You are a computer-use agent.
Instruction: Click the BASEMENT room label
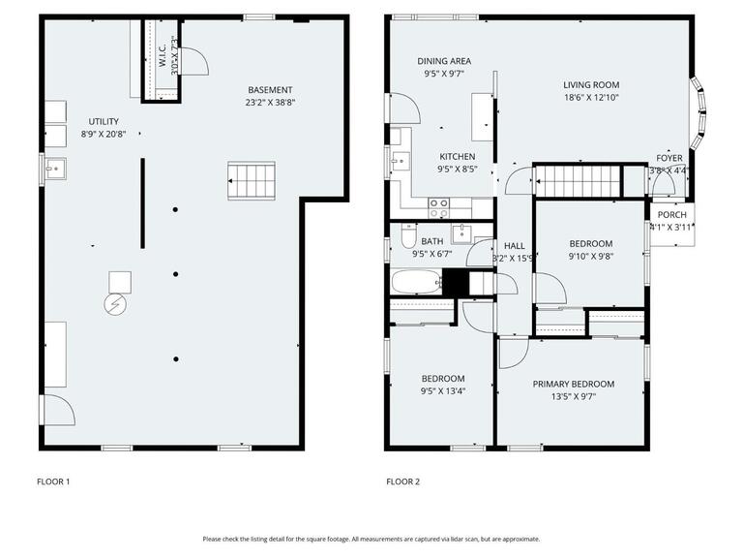[271, 89]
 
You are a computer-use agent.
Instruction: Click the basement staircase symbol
[252, 180]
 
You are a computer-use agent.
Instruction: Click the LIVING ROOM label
[591, 84]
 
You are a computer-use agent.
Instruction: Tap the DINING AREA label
[444, 60]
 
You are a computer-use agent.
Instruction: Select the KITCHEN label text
[458, 156]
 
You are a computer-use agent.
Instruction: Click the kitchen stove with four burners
[439, 207]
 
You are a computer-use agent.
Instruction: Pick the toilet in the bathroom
[407, 237]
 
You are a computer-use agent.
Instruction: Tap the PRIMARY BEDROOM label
[574, 384]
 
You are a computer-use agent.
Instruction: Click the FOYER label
[669, 158]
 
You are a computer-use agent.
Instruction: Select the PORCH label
[671, 215]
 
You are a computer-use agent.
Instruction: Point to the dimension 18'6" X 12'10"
[591, 97]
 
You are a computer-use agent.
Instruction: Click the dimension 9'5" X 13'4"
[443, 391]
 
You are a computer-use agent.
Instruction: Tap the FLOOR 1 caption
[53, 481]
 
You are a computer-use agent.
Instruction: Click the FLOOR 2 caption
[403, 481]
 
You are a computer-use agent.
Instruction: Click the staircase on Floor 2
[577, 181]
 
